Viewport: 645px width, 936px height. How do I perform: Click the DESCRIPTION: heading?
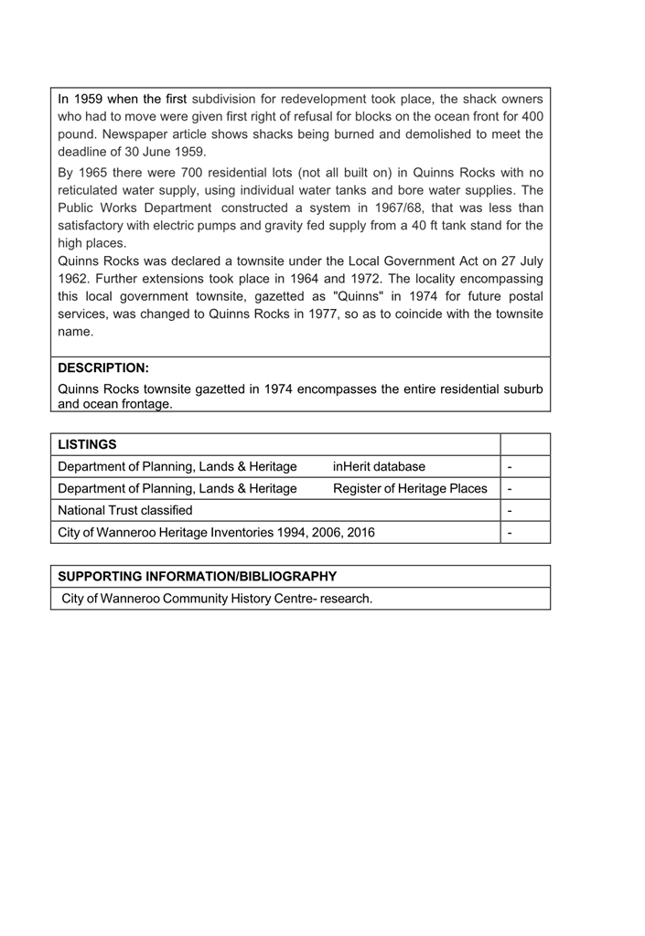(102, 368)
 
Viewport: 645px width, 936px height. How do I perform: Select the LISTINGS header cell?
(87, 444)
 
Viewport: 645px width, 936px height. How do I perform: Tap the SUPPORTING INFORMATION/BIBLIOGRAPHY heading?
(197, 577)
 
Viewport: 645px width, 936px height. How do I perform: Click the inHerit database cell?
(379, 466)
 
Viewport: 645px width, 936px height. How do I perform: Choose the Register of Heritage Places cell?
(410, 488)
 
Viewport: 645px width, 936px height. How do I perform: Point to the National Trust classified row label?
(125, 510)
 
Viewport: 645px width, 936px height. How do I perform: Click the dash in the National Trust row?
(509, 510)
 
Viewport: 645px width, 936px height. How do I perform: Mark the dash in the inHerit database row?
(509, 466)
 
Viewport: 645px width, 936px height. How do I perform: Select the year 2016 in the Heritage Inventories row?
(359, 532)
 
